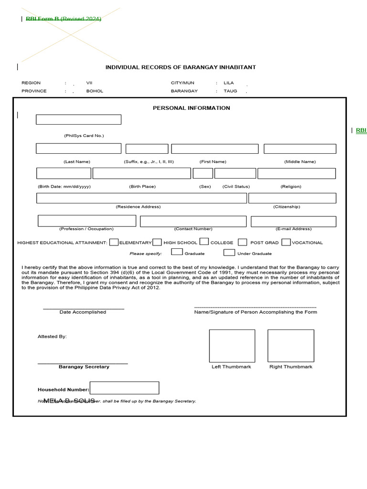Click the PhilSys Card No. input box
point(78,119)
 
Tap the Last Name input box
point(78,149)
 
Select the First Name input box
point(215,149)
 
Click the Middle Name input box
point(300,149)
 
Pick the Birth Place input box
point(141,173)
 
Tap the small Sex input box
point(203,173)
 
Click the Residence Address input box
point(141,198)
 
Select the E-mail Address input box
point(293,221)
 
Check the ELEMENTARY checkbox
point(114,242)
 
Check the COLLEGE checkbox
point(204,242)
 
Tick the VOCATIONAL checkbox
point(286,242)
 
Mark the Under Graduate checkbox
point(229,252)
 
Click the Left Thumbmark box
point(232,346)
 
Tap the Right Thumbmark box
point(291,346)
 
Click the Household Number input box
point(124,388)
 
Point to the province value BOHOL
point(95,91)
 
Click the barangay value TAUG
point(230,91)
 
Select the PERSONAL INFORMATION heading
point(191,108)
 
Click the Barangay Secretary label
point(84,367)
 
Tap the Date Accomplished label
point(83,312)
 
